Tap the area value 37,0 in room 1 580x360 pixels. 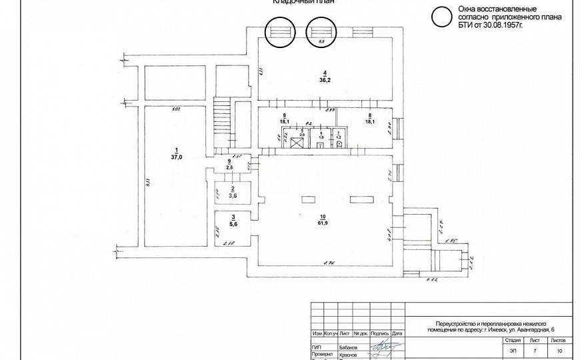177,157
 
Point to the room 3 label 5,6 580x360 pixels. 233,225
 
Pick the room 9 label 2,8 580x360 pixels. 229,168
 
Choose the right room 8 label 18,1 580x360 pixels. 369,122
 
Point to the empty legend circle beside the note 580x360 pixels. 441,17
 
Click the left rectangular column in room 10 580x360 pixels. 309,198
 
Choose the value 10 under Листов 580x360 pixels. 559,350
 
